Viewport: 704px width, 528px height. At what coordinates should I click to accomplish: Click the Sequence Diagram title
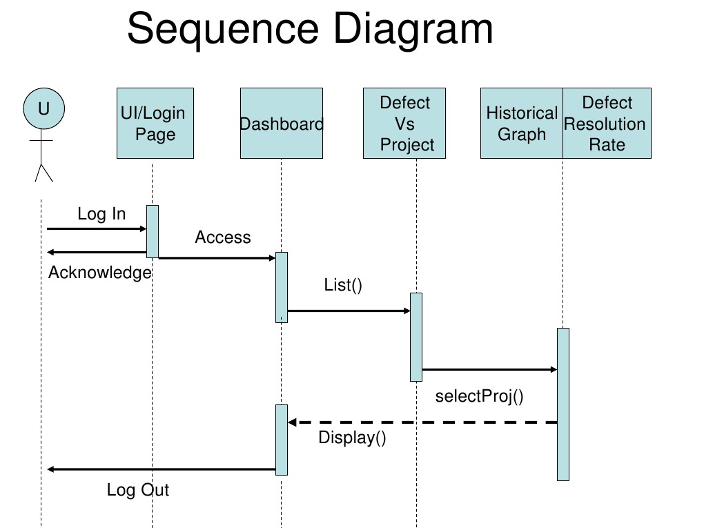(x=310, y=30)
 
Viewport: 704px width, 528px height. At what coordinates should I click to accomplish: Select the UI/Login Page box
(x=155, y=123)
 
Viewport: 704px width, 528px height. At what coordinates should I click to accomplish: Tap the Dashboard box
(x=281, y=123)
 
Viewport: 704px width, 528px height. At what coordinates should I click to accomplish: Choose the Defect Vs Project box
(x=404, y=123)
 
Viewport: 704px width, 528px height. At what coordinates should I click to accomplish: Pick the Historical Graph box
(x=522, y=123)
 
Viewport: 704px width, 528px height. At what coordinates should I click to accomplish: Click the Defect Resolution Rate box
(x=607, y=123)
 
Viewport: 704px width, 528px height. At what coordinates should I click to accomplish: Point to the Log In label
(x=101, y=214)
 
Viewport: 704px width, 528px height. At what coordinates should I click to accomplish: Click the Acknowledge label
(x=100, y=273)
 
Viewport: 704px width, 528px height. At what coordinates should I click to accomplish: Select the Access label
(x=222, y=237)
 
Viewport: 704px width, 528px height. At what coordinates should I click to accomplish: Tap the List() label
(x=343, y=285)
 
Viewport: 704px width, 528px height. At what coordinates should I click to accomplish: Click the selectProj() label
(x=479, y=396)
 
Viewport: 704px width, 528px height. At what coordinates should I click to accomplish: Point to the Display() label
(x=352, y=437)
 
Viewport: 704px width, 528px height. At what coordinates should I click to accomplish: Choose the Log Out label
(x=137, y=490)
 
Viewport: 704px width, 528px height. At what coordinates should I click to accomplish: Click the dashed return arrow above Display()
(x=422, y=422)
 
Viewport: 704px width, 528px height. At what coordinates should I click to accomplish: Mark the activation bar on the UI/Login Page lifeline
(x=153, y=231)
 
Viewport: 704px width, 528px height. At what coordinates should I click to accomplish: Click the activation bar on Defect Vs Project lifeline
(x=415, y=337)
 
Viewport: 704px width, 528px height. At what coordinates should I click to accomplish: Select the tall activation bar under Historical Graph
(x=563, y=404)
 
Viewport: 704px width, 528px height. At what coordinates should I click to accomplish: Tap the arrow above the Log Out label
(x=162, y=469)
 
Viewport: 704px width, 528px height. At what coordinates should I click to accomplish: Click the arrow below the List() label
(x=349, y=311)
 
